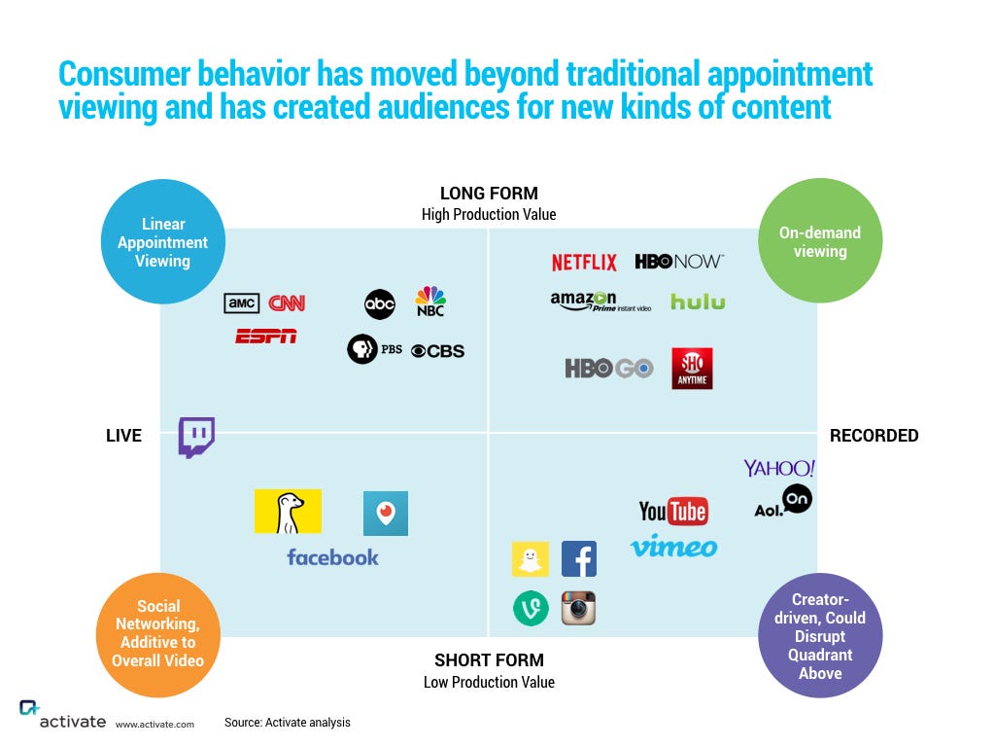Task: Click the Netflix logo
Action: click(x=584, y=263)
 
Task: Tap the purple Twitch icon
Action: click(x=196, y=437)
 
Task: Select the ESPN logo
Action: click(x=265, y=337)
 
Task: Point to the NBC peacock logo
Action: click(x=430, y=301)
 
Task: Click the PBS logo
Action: click(x=375, y=349)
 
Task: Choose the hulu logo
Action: click(x=698, y=302)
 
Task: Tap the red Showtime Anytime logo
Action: click(x=692, y=369)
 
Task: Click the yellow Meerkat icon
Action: click(x=288, y=512)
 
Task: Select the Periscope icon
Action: click(x=386, y=514)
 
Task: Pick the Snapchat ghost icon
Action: click(x=530, y=559)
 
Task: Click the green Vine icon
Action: click(x=531, y=609)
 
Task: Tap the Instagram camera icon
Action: click(x=578, y=609)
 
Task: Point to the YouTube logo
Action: click(x=672, y=511)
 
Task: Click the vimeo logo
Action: click(x=673, y=547)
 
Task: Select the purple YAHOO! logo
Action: click(x=779, y=468)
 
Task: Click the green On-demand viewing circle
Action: click(x=820, y=241)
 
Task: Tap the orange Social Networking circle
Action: click(x=158, y=634)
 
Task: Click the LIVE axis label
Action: click(x=123, y=436)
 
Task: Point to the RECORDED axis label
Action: click(x=874, y=436)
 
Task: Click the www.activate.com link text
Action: click(x=154, y=724)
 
